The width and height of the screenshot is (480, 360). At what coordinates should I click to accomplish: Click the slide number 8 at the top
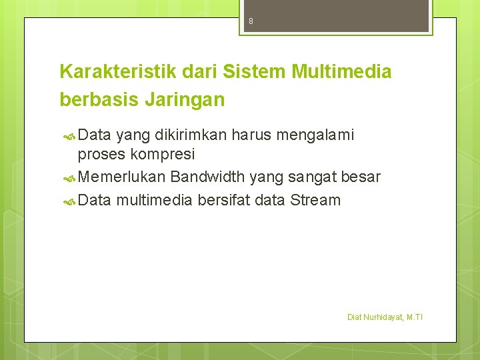[251, 21]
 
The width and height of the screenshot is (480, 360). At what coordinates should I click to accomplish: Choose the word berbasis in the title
[98, 100]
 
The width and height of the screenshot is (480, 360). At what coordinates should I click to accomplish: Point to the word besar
[361, 177]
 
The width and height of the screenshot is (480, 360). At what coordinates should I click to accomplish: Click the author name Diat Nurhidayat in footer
[375, 317]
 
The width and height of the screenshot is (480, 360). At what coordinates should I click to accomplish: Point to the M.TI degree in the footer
[414, 317]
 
